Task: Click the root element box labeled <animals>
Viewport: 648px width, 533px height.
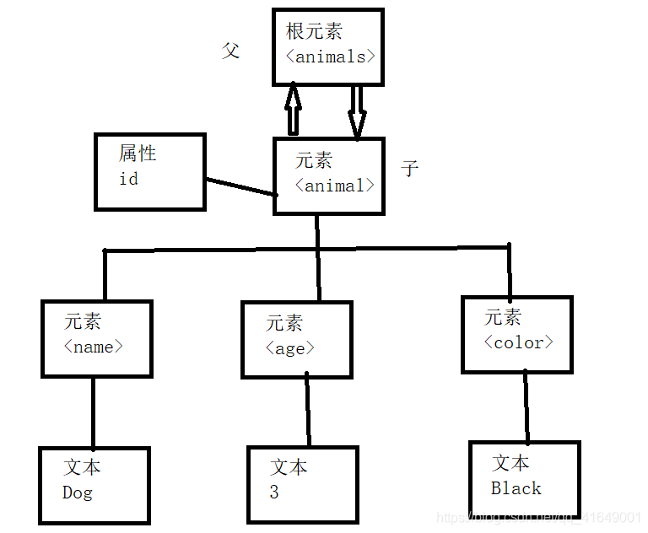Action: coord(328,47)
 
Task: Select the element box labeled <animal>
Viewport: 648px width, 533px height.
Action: coord(329,175)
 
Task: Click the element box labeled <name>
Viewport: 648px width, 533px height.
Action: coord(97,337)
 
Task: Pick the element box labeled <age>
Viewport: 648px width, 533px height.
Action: coord(296,339)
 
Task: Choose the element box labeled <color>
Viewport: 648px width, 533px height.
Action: coord(517,334)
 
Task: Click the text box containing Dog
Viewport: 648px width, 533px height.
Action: coord(94,486)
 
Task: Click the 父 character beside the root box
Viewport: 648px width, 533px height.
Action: coord(230,51)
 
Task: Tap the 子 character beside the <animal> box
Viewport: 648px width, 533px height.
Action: coord(410,168)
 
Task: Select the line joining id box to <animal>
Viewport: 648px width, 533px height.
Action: coord(240,186)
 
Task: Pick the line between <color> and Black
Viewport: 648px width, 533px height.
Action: coord(526,406)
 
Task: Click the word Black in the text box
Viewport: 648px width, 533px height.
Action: coord(516,488)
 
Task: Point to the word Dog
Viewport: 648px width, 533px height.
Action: coord(78,493)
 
